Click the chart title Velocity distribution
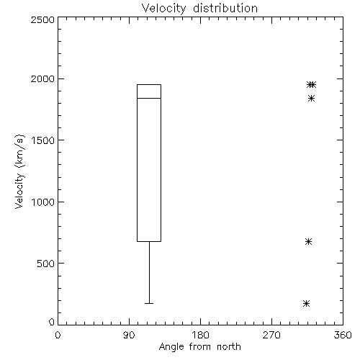pyautogui.click(x=199, y=9)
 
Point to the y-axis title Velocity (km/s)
pyautogui.click(x=19, y=171)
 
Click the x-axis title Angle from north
pyautogui.click(x=199, y=347)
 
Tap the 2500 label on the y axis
pyautogui.click(x=42, y=19)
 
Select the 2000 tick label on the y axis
pyautogui.click(x=42, y=78)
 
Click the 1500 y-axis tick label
pyautogui.click(x=43, y=140)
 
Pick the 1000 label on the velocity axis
pyautogui.click(x=43, y=202)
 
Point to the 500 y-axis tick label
pyautogui.click(x=46, y=264)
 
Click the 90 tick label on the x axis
pyautogui.click(x=129, y=335)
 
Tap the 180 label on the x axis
pyautogui.click(x=200, y=335)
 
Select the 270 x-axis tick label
pyautogui.click(x=271, y=335)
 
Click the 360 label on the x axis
pyautogui.click(x=343, y=335)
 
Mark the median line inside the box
pyautogui.click(x=149, y=98)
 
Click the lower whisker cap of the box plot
pyautogui.click(x=149, y=303)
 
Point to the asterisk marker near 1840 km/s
pyautogui.click(x=311, y=98)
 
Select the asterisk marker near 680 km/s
pyautogui.click(x=308, y=241)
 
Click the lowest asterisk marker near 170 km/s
pyautogui.click(x=306, y=303)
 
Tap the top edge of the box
pyautogui.click(x=149, y=84)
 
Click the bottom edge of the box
pyautogui.click(x=149, y=241)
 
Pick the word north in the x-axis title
pyautogui.click(x=229, y=347)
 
